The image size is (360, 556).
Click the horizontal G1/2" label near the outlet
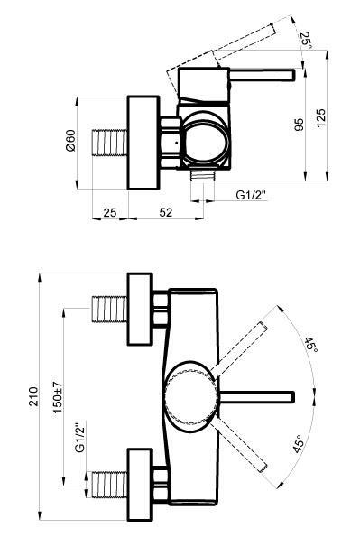[254, 194]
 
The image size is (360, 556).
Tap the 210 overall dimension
[33, 397]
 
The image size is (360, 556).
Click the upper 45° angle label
[309, 346]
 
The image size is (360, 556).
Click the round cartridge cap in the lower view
[189, 394]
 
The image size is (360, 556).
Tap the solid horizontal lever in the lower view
[257, 395]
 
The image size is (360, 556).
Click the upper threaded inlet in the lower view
[110, 307]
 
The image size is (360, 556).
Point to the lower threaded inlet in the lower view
[110, 483]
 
